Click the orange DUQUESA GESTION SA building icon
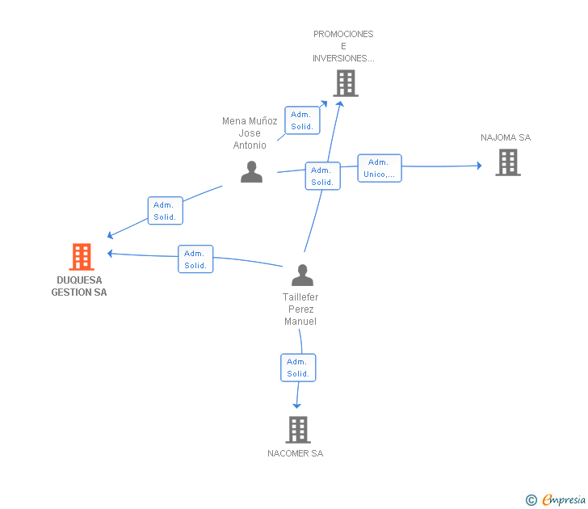click(x=81, y=257)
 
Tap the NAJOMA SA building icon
click(x=507, y=162)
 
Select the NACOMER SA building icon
click(x=298, y=429)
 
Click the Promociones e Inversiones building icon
click(x=345, y=83)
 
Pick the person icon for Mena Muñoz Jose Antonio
click(x=251, y=172)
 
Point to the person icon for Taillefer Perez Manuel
click(x=302, y=275)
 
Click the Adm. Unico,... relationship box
click(x=379, y=168)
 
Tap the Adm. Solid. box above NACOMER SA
click(x=298, y=368)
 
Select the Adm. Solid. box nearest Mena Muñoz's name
click(x=302, y=120)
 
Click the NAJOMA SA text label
click(x=506, y=137)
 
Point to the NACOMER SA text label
click(x=295, y=453)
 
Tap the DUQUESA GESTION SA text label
click(x=79, y=287)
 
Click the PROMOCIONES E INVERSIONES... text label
click(x=343, y=46)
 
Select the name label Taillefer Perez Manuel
click(x=300, y=309)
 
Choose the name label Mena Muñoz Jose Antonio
click(x=250, y=133)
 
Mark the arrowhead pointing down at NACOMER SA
click(x=296, y=405)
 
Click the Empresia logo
click(x=564, y=500)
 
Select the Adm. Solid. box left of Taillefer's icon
click(x=195, y=259)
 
